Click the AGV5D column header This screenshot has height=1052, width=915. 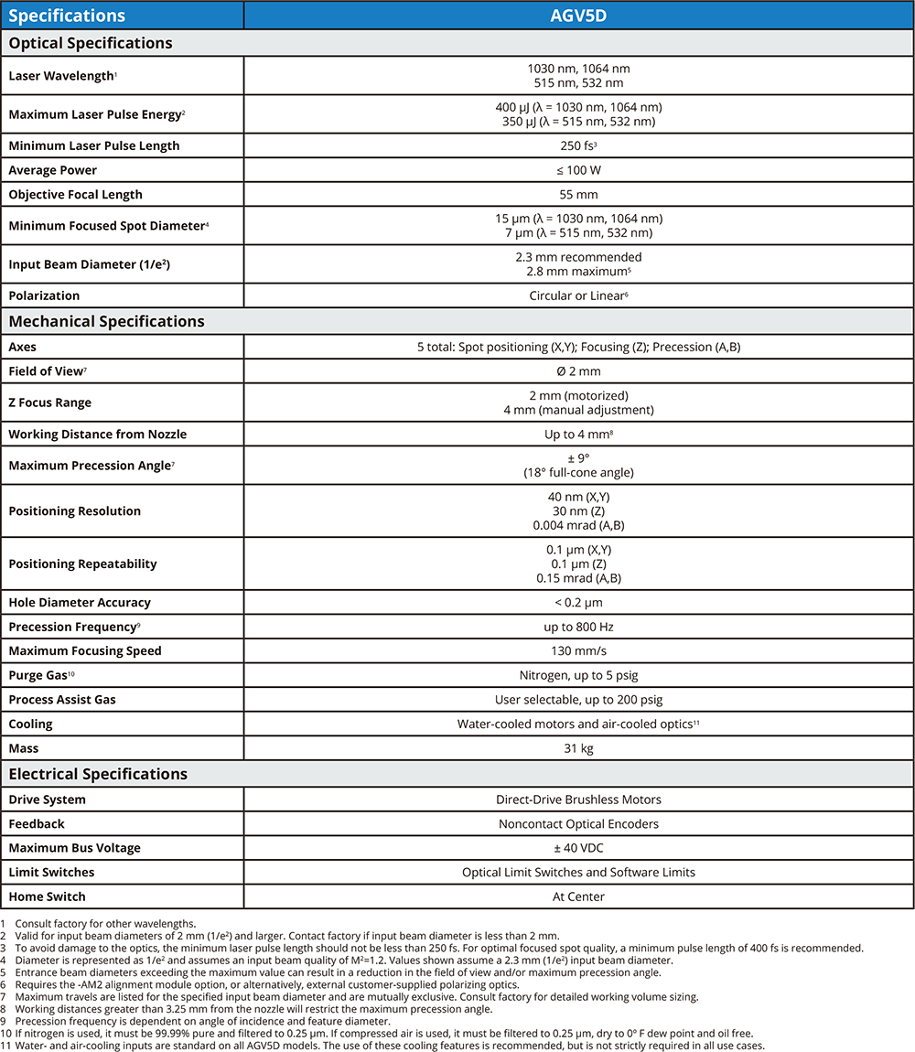[578, 16]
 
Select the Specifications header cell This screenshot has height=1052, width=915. [67, 16]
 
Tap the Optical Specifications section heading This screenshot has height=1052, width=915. [91, 43]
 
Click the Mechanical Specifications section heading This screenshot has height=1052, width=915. [106, 321]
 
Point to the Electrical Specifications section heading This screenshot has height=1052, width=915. [98, 774]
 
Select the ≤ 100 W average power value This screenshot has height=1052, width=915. [578, 170]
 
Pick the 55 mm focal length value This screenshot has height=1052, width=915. [578, 194]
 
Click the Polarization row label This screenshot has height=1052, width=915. [44, 295]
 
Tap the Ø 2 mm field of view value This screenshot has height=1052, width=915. [578, 371]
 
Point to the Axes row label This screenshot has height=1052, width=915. [23, 348]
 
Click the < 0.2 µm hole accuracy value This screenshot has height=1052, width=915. [578, 603]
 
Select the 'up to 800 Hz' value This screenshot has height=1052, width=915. [578, 627]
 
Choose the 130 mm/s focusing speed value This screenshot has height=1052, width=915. [578, 651]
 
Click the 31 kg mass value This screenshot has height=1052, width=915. [578, 748]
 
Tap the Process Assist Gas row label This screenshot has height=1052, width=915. [62, 700]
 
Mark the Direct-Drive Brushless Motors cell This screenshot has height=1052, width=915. [578, 800]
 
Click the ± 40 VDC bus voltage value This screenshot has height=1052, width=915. [578, 848]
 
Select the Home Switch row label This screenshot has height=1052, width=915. [47, 896]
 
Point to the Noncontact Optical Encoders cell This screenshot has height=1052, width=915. [578, 824]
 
